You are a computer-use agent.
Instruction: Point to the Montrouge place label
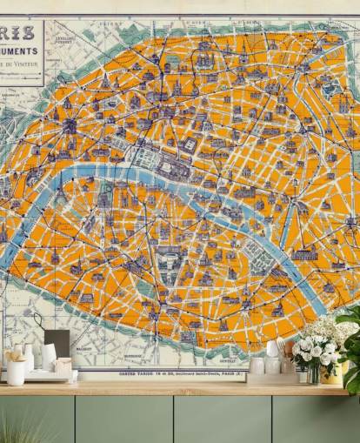(x=132, y=356)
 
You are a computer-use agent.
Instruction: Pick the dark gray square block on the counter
(x=57, y=343)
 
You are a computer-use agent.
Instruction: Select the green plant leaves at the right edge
(x=351, y=344)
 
